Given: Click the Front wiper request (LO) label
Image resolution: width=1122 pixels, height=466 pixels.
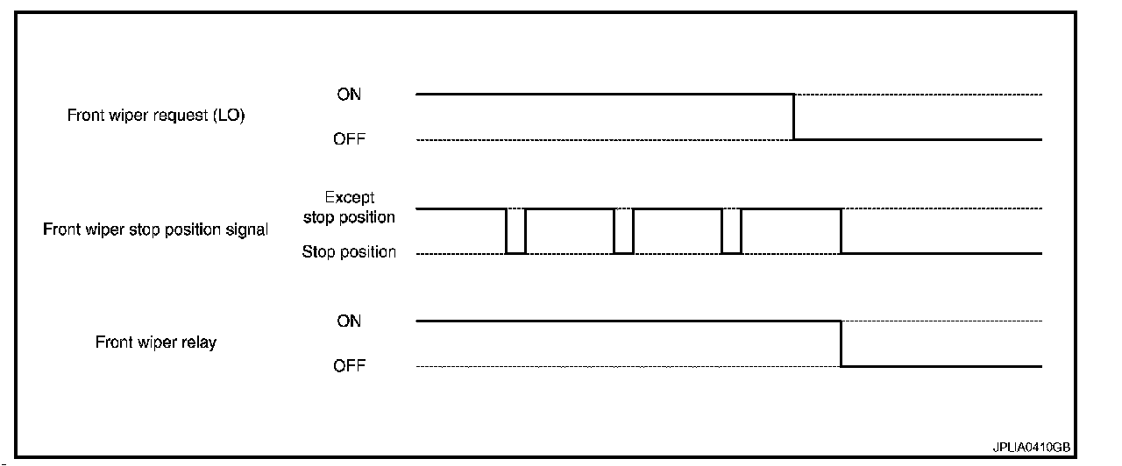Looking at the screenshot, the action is pos(156,116).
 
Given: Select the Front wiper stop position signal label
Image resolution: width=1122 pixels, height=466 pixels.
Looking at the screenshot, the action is pos(155,230).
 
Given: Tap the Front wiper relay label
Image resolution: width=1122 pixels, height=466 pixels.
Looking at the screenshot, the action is pos(155,342).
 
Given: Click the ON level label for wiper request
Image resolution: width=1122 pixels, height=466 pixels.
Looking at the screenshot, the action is pos(349,95).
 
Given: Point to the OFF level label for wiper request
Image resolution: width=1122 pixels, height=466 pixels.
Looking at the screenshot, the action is pos(349,139).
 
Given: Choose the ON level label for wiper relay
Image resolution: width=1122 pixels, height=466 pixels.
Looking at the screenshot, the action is pos(349,321).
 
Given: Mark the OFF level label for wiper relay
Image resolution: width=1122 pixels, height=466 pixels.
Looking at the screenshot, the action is pos(349,366).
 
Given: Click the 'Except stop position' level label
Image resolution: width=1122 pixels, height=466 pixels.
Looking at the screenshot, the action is pos(349,208).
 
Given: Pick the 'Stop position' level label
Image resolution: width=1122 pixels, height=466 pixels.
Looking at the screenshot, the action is pos(349,252).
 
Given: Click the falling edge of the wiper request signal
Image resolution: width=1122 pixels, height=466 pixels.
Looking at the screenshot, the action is pos(794,116).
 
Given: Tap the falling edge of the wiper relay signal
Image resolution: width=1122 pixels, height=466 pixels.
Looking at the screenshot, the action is pos(841,343).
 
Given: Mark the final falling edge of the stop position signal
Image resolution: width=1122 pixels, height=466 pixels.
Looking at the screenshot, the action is pos(841,231).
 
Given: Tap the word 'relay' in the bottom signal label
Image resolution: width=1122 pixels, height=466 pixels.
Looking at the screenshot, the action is pos(198,342).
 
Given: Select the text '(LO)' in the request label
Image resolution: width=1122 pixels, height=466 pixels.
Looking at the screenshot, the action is pos(228,116).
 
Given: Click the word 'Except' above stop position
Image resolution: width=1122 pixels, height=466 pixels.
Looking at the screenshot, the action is pos(349,198).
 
